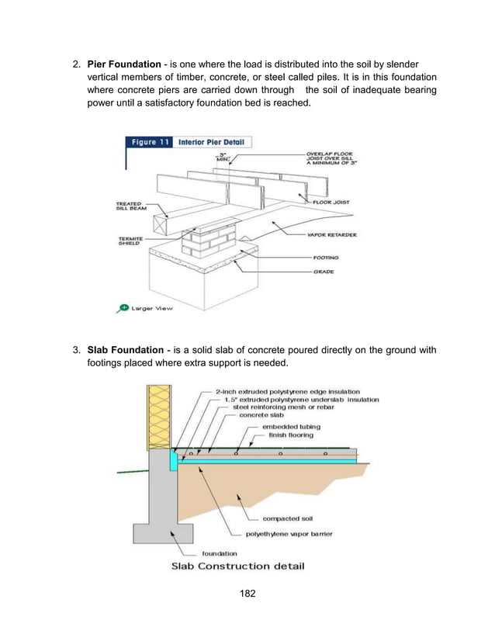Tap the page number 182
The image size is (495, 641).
(247, 596)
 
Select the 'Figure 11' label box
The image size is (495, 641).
(149, 142)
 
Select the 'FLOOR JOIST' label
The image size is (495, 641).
(332, 202)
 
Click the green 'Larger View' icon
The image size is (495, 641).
(122, 307)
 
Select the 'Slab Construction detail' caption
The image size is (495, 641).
(231, 566)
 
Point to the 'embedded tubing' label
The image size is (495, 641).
(290, 426)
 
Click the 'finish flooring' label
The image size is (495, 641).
(291, 435)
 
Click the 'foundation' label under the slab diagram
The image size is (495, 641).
(220, 553)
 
